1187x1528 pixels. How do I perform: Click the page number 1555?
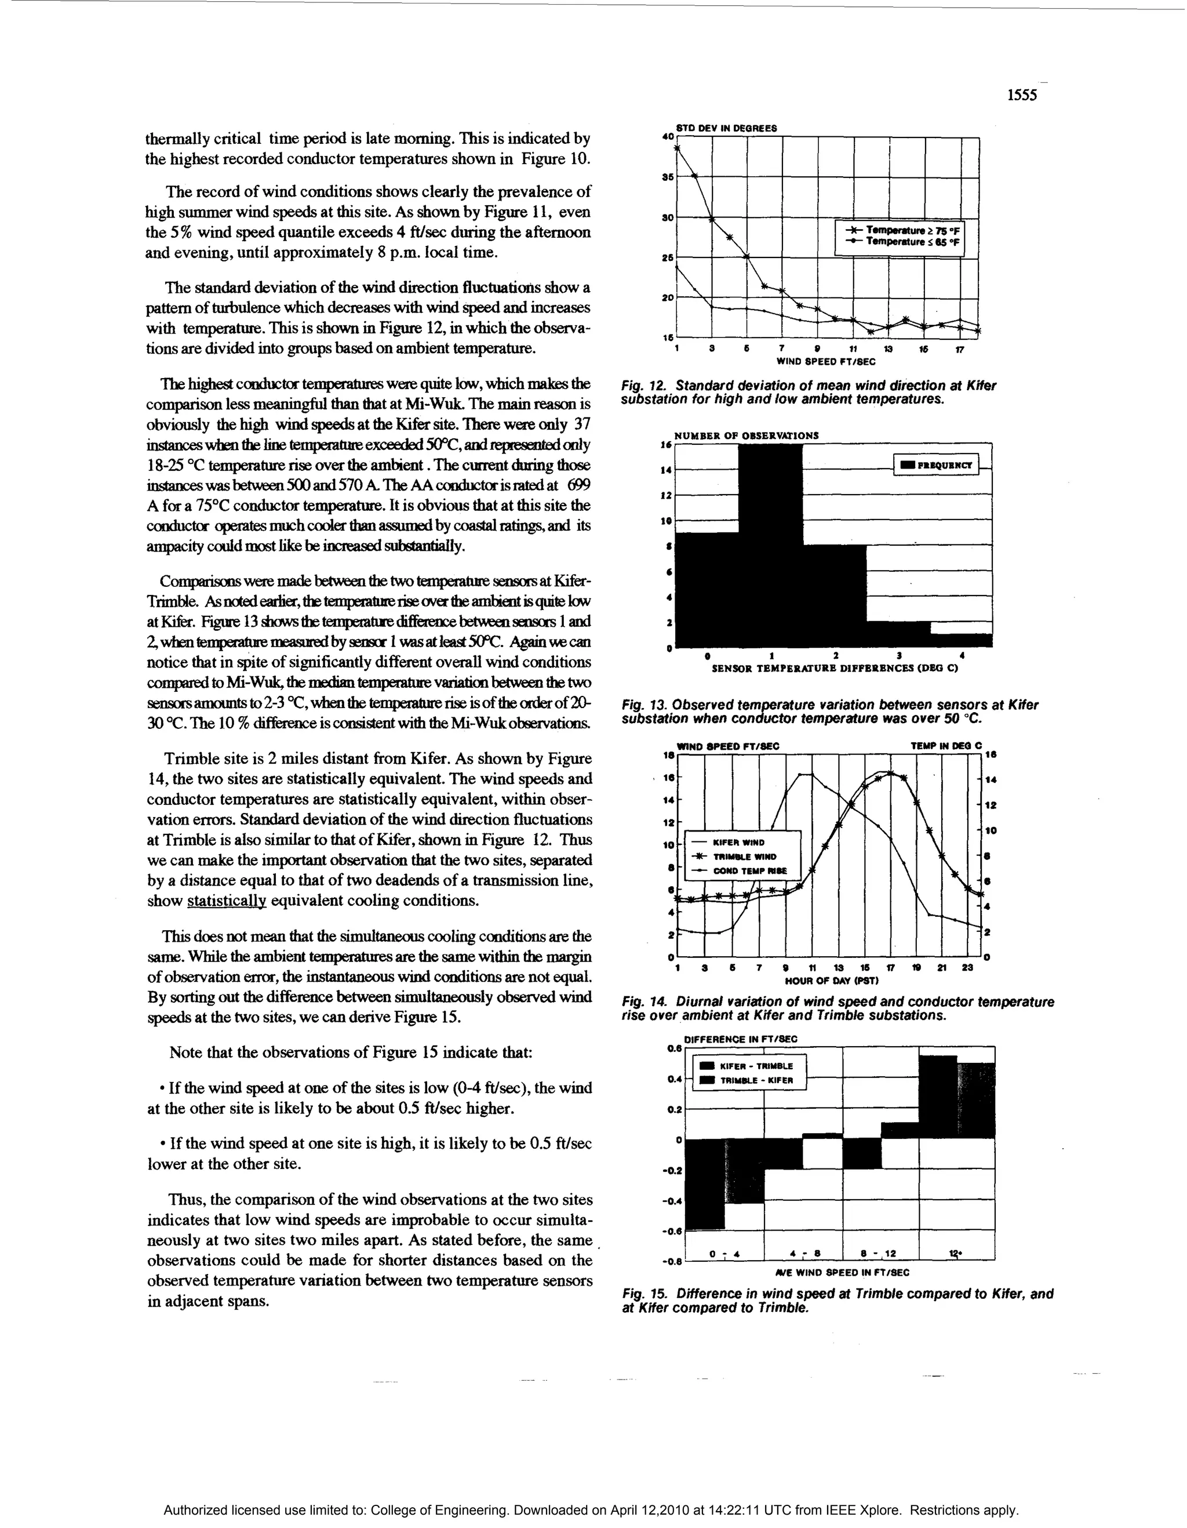click(1021, 96)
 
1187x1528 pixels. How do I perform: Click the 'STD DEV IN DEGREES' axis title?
click(726, 128)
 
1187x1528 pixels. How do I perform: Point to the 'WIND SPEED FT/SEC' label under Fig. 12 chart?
click(825, 362)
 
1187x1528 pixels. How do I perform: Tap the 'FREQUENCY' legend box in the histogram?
click(937, 464)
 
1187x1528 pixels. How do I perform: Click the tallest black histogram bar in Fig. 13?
click(770, 546)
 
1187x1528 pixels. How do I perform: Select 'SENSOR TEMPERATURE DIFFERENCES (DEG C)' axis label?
click(835, 668)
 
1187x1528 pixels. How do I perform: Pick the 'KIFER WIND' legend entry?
click(738, 843)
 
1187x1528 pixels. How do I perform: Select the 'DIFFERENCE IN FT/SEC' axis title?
click(740, 1039)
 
